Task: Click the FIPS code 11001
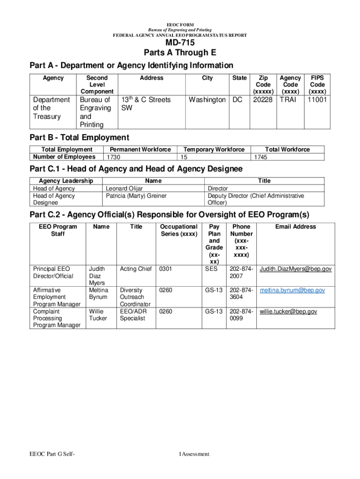(x=317, y=100)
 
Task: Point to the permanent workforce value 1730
(x=115, y=158)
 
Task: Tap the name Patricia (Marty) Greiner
(x=136, y=196)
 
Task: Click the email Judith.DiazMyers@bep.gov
(x=295, y=269)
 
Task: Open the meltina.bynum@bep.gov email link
(x=292, y=290)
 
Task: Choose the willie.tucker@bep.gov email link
(x=288, y=312)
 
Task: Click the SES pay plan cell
(x=211, y=269)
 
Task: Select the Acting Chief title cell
(x=136, y=269)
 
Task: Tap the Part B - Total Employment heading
(x=79, y=137)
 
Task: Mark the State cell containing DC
(x=238, y=100)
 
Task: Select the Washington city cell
(x=207, y=100)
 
